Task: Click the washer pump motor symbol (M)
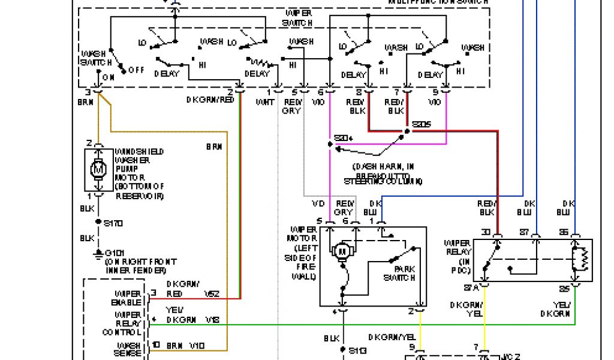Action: point(98,170)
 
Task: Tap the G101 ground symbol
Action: point(98,254)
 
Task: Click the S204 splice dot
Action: point(330,145)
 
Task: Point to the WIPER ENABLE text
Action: point(128,298)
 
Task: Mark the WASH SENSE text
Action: point(128,350)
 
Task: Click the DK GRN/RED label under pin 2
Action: point(209,100)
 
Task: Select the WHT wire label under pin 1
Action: point(265,103)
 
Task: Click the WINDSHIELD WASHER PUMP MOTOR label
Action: point(139,174)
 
